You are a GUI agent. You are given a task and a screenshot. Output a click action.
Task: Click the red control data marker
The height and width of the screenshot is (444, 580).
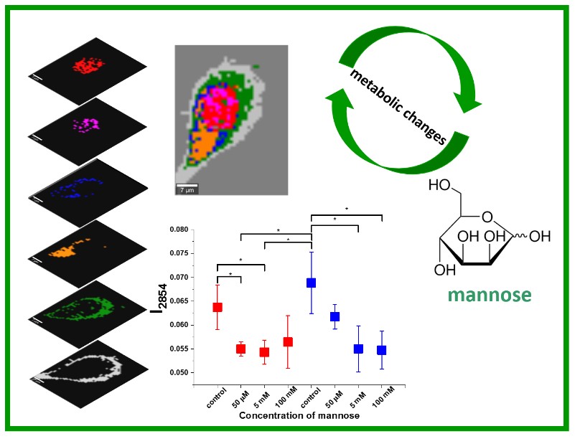point(217,307)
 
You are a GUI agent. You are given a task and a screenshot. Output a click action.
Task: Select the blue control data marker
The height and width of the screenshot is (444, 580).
point(311,283)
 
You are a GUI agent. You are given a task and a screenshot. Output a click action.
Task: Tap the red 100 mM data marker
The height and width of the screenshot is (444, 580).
point(287,341)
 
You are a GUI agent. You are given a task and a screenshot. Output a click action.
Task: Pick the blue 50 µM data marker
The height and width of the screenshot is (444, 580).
point(335,316)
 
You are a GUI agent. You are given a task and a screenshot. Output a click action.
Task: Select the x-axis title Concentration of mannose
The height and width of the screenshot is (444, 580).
point(299,415)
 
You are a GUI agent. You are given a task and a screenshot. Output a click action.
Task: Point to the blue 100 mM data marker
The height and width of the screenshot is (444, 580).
point(381,350)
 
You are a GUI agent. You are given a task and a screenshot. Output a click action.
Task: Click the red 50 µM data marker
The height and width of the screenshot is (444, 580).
point(240,349)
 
